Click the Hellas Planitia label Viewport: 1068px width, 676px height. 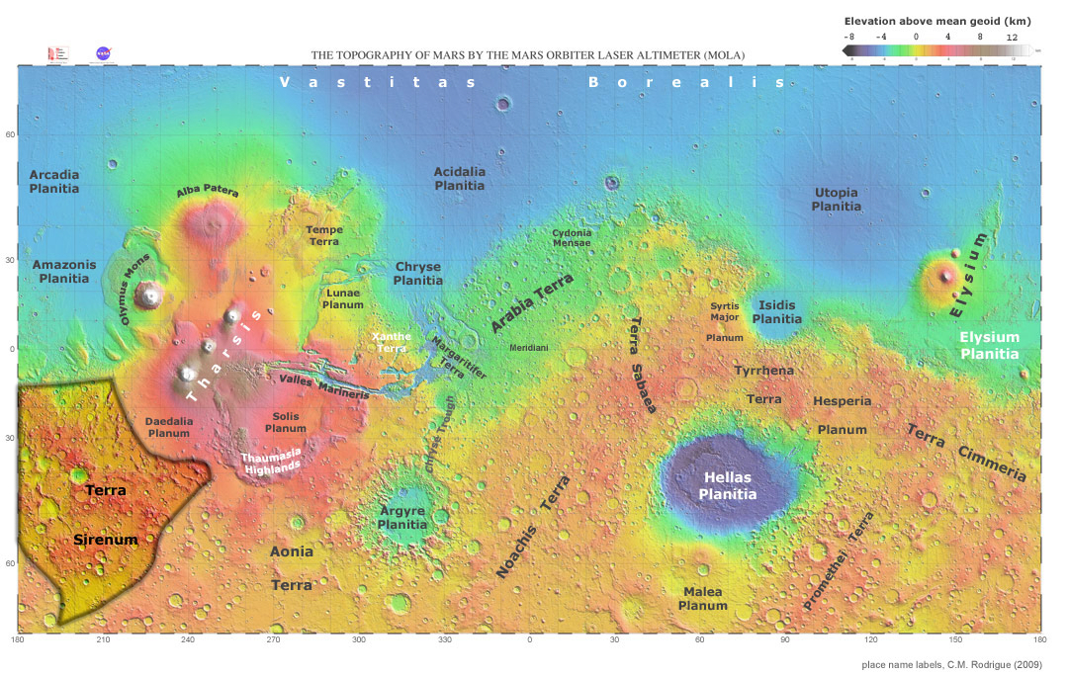pyautogui.click(x=728, y=485)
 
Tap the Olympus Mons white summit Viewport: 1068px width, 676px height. pyautogui.click(x=150, y=294)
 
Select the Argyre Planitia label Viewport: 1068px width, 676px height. pyautogui.click(x=402, y=518)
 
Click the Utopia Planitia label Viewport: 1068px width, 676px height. pyautogui.click(x=836, y=200)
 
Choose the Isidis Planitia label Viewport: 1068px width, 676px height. pyautogui.click(x=777, y=312)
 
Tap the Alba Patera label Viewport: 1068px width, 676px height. pyautogui.click(x=208, y=192)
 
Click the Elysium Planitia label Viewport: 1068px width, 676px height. pyautogui.click(x=989, y=345)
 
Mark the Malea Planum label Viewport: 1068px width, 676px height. pyautogui.click(x=702, y=599)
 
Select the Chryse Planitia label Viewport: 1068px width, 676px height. pyautogui.click(x=418, y=274)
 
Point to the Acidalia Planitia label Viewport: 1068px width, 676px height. pyautogui.click(x=460, y=179)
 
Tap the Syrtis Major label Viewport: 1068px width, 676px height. pyautogui.click(x=724, y=312)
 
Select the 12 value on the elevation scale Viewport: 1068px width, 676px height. pyautogui.click(x=1012, y=36)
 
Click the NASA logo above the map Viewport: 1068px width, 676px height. pyautogui.click(x=103, y=53)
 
